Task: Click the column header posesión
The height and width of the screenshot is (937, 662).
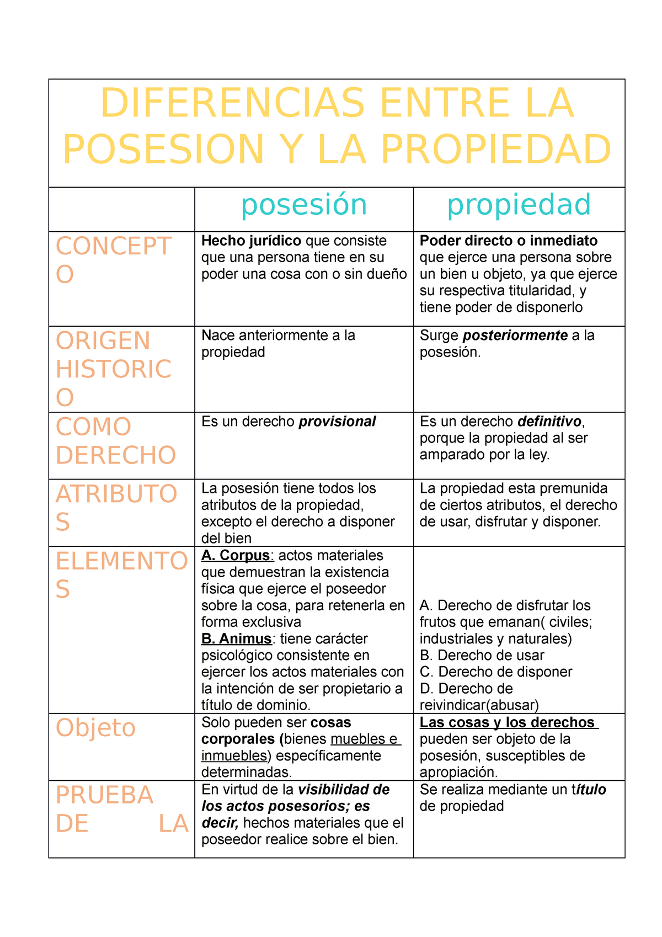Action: coord(304,205)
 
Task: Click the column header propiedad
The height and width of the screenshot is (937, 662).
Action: coord(519,205)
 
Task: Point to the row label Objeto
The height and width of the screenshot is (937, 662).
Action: coord(95,728)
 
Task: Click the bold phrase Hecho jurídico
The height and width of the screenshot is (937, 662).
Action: coord(251,241)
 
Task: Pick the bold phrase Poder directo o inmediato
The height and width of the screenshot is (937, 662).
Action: coord(509,241)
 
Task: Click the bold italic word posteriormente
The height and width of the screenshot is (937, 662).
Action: coord(515,336)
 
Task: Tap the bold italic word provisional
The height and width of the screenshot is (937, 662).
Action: coord(337,422)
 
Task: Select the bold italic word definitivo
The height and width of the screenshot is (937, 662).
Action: coord(549,422)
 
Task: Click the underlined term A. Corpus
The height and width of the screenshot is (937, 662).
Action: coord(236,556)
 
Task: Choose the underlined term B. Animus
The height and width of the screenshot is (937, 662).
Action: coord(236,639)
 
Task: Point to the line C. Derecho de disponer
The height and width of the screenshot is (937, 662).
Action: coord(496,672)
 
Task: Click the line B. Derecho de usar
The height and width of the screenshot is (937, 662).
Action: coord(482,656)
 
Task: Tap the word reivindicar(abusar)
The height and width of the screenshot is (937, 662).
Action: coord(479,705)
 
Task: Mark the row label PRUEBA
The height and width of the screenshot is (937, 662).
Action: coord(104,795)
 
